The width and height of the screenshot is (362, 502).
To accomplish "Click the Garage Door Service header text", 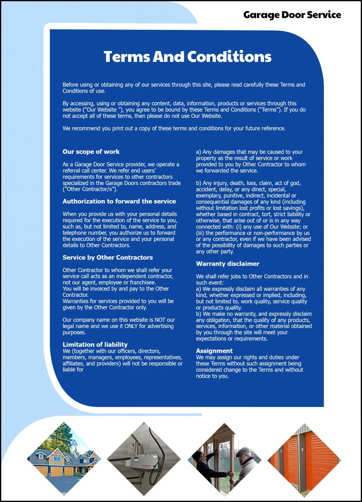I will tap(292, 15).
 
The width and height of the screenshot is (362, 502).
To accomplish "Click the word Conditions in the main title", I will tap(229, 57).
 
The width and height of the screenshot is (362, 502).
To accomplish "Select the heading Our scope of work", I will tap(91, 152).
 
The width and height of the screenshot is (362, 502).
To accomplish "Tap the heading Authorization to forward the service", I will tap(119, 201).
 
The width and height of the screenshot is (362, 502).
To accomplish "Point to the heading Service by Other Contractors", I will tap(107, 257).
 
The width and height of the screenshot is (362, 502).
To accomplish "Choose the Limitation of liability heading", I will tap(95, 344).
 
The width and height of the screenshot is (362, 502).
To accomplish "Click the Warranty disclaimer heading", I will tap(227, 264).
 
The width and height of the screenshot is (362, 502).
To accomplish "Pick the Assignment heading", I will tap(214, 351).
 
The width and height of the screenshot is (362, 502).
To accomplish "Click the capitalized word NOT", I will tap(160, 320).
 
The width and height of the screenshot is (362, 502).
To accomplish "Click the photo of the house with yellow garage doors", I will tap(64, 459).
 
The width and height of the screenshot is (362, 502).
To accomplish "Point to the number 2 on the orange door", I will tap(302, 449).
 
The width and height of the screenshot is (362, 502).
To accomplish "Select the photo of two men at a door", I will tap(224, 459).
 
